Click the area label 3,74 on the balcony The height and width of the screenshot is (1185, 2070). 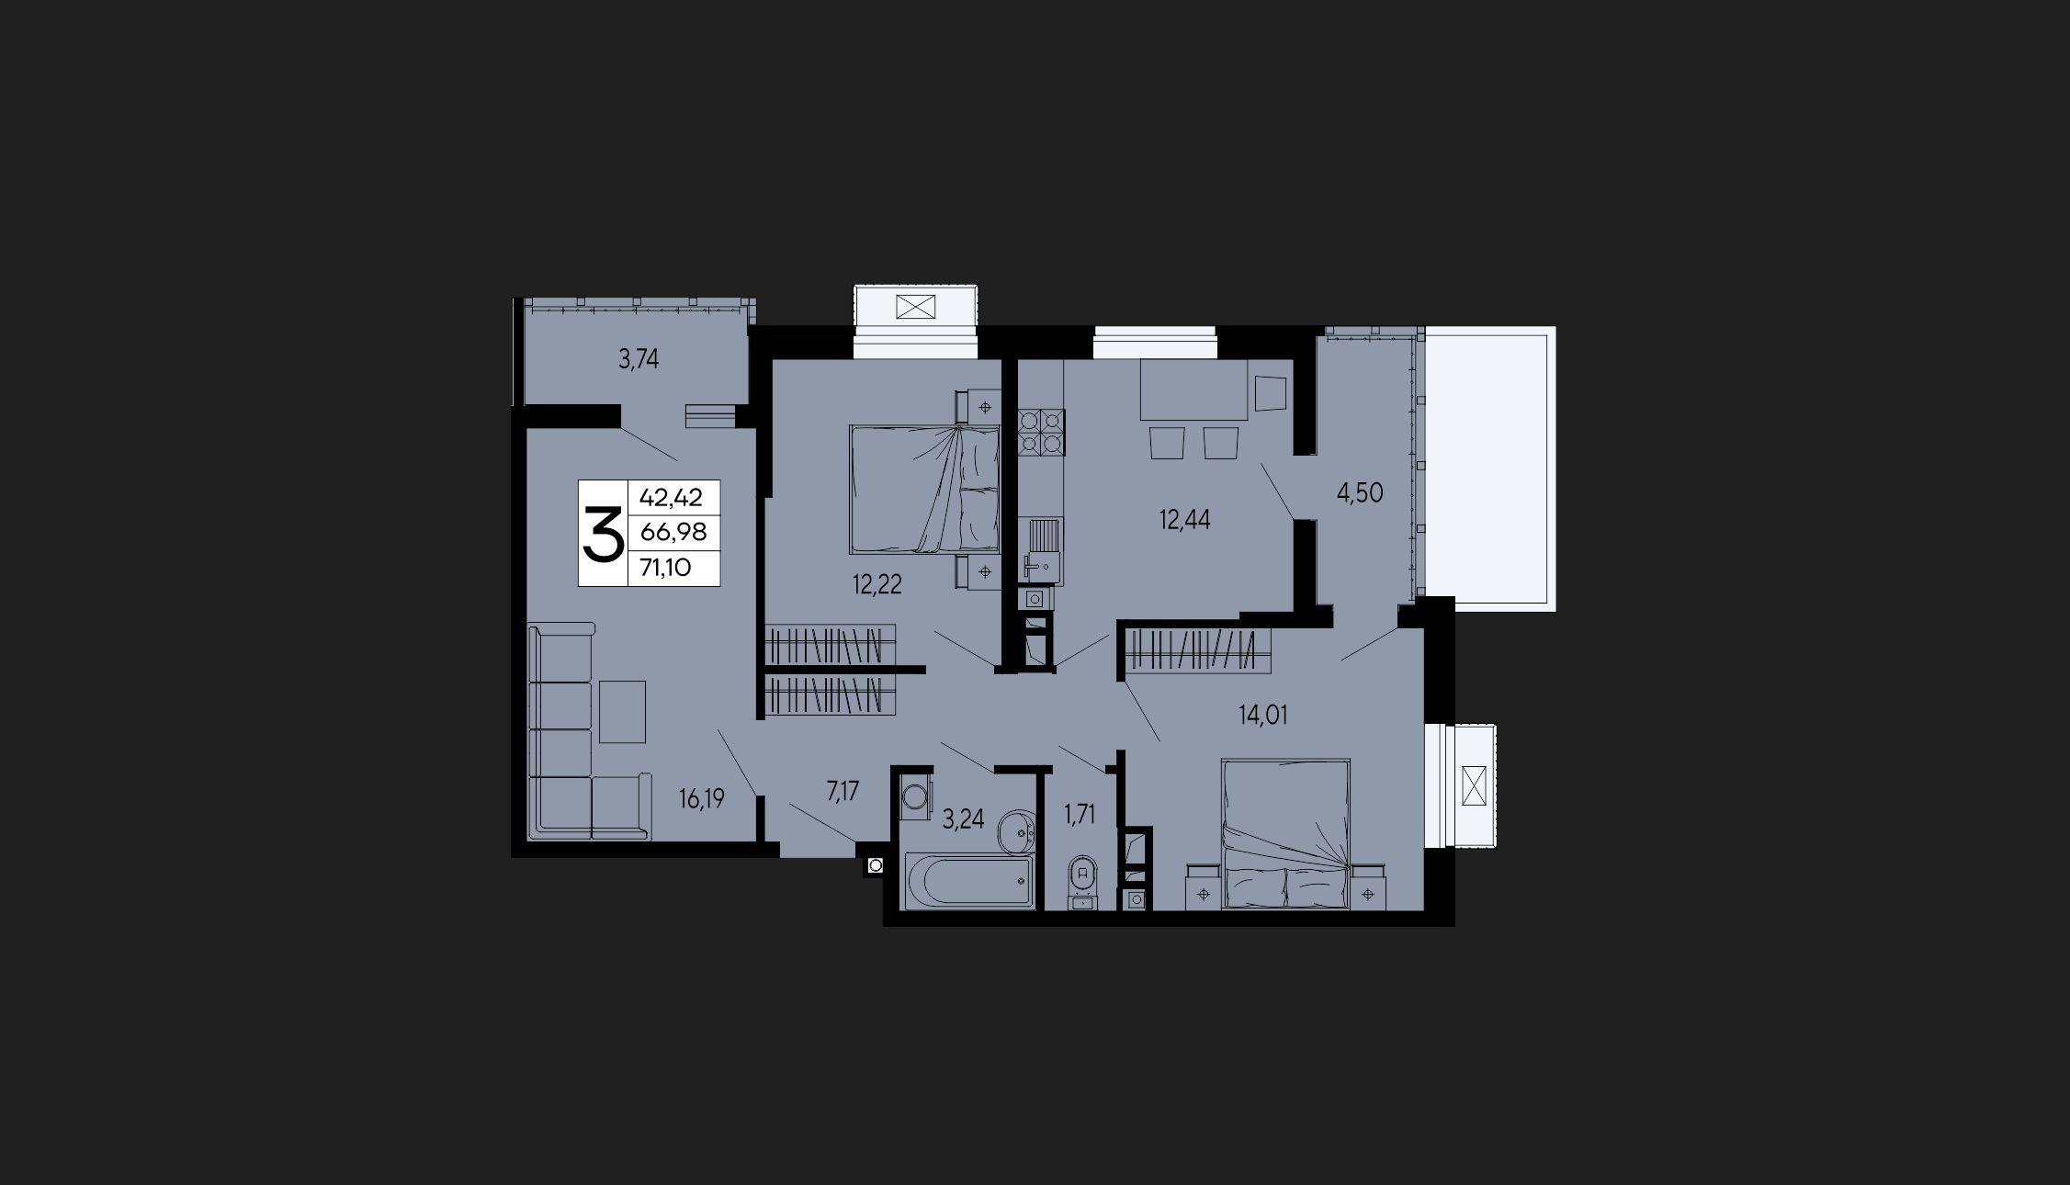click(x=639, y=360)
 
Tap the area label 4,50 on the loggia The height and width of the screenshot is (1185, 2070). click(x=1360, y=493)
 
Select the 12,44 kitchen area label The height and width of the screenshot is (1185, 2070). click(x=1184, y=521)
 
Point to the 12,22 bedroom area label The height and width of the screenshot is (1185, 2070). click(x=877, y=584)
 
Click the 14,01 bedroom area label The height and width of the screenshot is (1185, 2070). click(x=1263, y=715)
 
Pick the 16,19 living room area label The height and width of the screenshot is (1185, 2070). click(x=702, y=799)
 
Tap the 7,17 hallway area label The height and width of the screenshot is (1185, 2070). click(x=843, y=792)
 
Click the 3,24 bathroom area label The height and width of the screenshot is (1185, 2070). click(x=964, y=819)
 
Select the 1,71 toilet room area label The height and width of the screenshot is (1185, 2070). click(x=1080, y=815)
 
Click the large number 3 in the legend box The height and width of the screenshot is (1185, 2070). click(x=603, y=534)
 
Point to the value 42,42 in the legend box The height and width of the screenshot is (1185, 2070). click(x=671, y=498)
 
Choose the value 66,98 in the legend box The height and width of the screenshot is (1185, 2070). click(x=673, y=534)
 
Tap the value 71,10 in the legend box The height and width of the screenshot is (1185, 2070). click(x=666, y=569)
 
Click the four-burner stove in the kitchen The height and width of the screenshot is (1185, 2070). click(x=1041, y=434)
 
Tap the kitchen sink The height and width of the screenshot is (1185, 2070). click(x=1041, y=549)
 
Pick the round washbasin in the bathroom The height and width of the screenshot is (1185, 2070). click(x=1017, y=830)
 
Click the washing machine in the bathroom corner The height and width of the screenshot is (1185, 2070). click(x=914, y=796)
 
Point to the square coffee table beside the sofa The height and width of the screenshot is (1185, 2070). click(x=623, y=711)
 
